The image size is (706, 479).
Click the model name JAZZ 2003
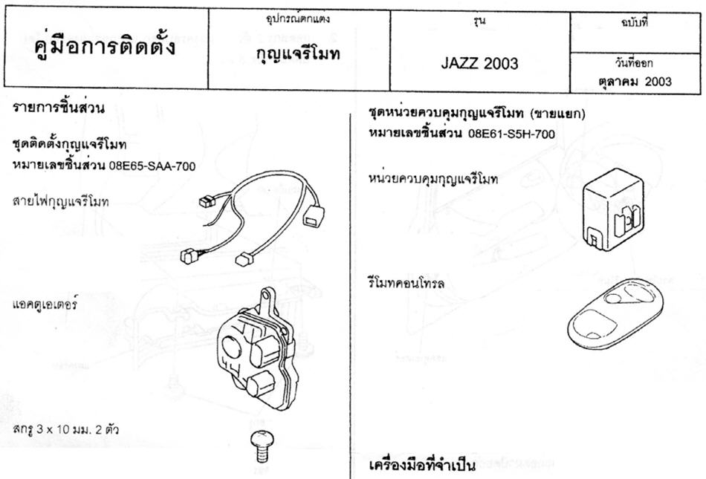coord(479,63)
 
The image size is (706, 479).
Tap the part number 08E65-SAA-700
coord(152,166)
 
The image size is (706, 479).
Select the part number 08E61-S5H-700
coord(511,134)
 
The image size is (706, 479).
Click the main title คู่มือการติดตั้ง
coord(105,45)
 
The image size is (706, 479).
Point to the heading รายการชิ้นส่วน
coord(59,108)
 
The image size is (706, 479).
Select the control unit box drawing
coord(613,209)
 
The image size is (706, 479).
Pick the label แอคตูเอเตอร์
coord(45,304)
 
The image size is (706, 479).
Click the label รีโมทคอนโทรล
coord(406,284)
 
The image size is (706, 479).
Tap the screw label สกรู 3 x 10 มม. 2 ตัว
coord(65,429)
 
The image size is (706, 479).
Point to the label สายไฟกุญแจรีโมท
coord(61,201)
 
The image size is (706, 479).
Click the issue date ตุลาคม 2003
coord(635,82)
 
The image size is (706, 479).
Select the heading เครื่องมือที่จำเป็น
coord(422,466)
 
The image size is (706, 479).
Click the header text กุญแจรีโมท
coord(297,54)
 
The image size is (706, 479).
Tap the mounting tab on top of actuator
coord(268,299)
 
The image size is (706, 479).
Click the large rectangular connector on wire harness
coord(314,215)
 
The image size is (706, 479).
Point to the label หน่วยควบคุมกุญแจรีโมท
coord(433,179)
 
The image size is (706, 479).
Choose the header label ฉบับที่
coord(635,23)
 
